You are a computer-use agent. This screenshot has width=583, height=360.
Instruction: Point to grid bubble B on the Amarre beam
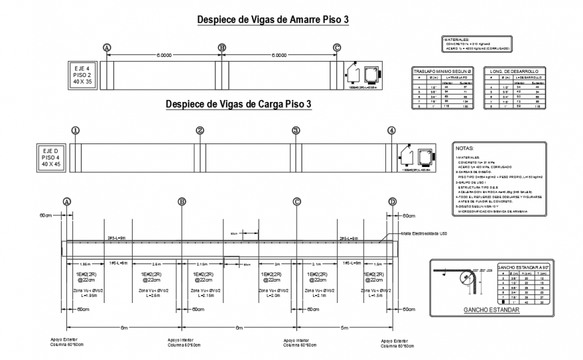tap(222, 47)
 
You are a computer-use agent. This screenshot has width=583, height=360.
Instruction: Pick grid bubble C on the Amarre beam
tap(337, 47)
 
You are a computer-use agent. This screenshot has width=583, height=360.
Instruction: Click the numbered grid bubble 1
tap(76, 130)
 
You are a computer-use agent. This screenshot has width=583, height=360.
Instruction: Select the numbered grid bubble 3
tap(296, 130)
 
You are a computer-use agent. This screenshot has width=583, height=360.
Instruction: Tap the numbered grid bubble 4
tap(391, 130)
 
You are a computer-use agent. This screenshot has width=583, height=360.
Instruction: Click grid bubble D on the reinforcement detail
tap(393, 201)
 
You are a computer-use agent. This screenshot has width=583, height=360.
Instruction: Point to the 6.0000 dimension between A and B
tap(165, 56)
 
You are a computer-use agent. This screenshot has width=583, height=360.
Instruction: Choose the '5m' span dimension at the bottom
tap(344, 326)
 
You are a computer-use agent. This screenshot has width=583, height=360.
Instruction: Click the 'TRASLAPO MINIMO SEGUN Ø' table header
tap(443, 70)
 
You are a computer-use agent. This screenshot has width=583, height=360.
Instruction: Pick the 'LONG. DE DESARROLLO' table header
tap(515, 70)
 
